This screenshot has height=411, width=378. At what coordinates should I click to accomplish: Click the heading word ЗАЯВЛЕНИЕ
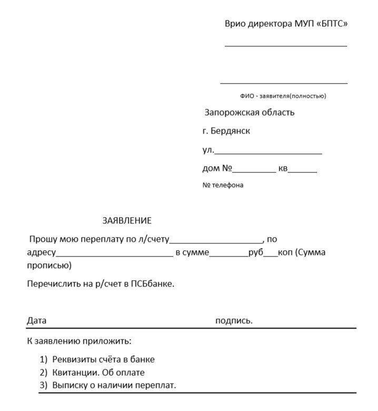coord(126,221)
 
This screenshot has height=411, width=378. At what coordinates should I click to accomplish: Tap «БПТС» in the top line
coord(332,24)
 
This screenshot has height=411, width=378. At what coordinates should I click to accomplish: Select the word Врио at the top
coord(235,24)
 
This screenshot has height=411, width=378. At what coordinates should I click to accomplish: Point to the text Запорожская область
coord(250,112)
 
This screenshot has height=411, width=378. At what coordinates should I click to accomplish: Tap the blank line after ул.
coord(268,152)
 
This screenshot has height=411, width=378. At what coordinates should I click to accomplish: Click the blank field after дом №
coord(254,171)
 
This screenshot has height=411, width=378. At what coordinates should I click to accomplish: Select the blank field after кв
coord(302,171)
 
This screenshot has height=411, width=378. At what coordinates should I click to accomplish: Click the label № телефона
coord(223,185)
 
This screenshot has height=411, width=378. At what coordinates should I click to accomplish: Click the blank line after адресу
coord(114,255)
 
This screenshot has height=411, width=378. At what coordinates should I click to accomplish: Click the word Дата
coord(37,321)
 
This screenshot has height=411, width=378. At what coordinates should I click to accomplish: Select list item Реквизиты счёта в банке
coord(104,360)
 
